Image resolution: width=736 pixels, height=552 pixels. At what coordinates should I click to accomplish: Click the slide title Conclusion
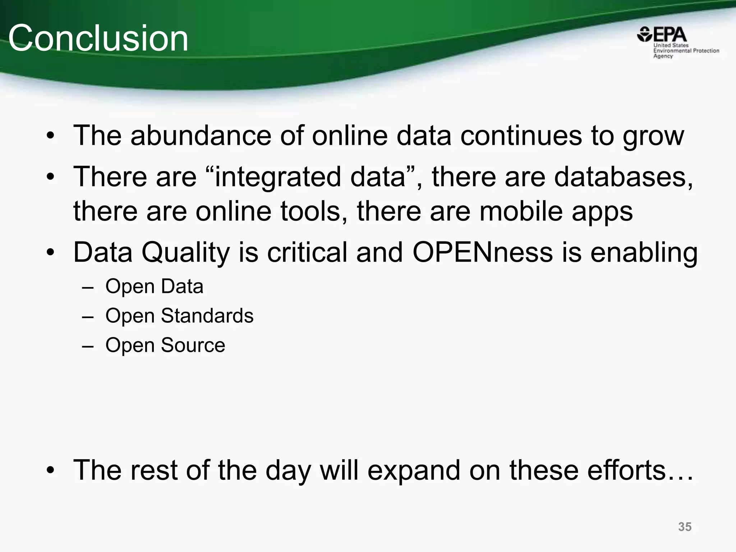click(98, 38)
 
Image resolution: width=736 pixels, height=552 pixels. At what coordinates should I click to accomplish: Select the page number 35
click(685, 526)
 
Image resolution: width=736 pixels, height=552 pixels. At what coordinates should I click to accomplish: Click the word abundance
click(201, 135)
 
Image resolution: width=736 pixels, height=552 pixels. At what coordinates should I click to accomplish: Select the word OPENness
click(482, 252)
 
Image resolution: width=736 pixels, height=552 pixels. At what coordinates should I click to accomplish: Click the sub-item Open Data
click(154, 287)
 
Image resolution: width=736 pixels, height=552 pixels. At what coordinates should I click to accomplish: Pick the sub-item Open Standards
click(179, 316)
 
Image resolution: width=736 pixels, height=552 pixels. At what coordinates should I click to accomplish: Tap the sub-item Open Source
click(165, 345)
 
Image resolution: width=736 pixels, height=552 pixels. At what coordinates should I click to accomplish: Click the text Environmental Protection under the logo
click(686, 51)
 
